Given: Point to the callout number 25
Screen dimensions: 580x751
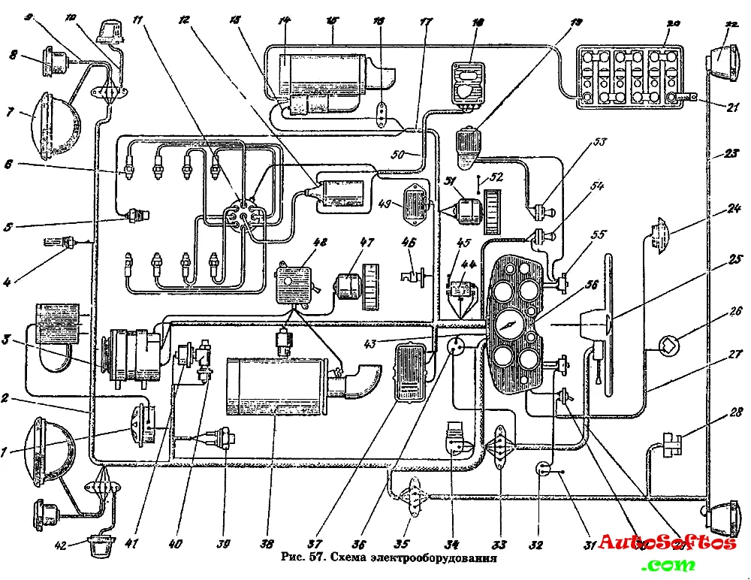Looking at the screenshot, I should click(734, 260).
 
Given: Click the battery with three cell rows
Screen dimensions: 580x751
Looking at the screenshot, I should click(630, 77).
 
